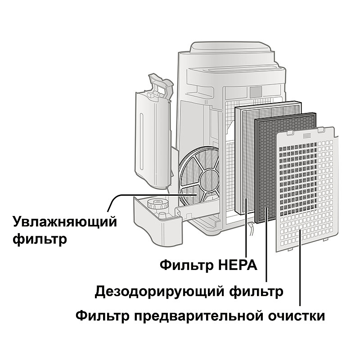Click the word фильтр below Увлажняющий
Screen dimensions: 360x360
(x=40, y=238)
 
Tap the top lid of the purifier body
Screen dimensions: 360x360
(x=229, y=49)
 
